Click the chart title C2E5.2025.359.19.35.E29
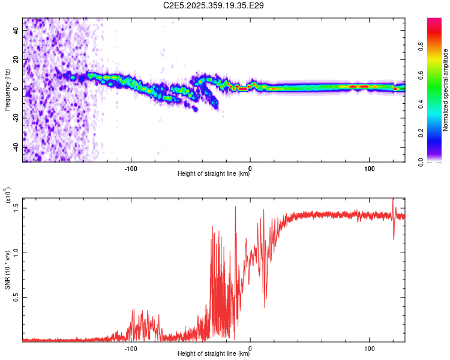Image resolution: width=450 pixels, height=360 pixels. (x=214, y=5)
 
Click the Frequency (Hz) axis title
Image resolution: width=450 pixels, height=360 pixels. (x=7, y=90)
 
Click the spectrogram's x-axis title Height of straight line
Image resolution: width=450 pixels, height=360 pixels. (x=214, y=174)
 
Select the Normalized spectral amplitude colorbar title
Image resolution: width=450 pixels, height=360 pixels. (x=446, y=90)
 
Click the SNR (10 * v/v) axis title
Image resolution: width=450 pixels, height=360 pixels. (x=7, y=270)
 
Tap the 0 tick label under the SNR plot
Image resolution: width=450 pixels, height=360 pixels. (x=250, y=347)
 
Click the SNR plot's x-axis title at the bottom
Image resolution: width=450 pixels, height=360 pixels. (x=214, y=354)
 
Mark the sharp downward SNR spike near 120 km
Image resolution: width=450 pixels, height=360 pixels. (x=394, y=239)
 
